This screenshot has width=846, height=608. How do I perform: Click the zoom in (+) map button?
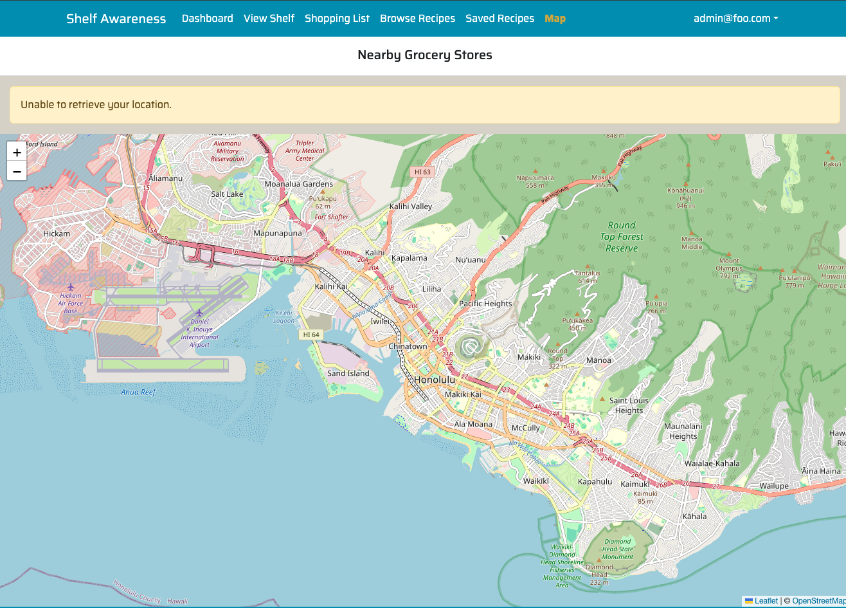(17, 152)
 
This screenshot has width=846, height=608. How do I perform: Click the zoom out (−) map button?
(17, 171)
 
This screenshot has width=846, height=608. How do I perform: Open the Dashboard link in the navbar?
(207, 19)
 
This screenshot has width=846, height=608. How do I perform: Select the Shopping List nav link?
(337, 19)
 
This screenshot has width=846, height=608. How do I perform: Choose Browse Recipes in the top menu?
(417, 19)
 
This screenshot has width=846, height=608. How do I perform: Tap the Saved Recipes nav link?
(500, 19)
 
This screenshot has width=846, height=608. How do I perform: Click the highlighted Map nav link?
(555, 19)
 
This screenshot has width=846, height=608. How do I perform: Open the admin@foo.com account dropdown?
(735, 19)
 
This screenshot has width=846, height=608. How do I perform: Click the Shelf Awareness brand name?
(116, 19)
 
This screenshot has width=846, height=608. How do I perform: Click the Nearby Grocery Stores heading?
(424, 55)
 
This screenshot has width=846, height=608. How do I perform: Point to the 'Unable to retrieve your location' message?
(96, 104)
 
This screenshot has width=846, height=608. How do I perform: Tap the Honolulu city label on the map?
(435, 380)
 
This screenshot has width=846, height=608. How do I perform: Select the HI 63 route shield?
(422, 172)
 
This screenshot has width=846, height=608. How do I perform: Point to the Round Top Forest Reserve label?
(622, 237)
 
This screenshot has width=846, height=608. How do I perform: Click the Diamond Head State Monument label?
(618, 549)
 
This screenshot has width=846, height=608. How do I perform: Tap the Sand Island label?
(348, 373)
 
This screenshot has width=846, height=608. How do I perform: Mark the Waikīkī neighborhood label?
(535, 481)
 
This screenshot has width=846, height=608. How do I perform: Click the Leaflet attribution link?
(766, 601)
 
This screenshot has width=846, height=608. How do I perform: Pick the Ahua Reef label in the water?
(138, 392)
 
